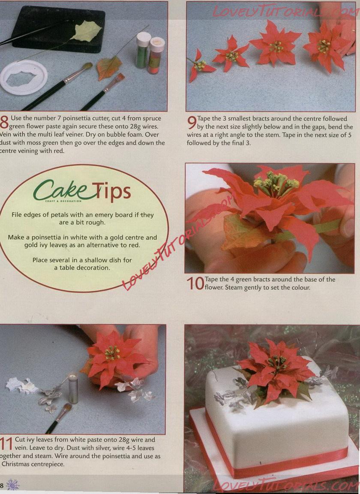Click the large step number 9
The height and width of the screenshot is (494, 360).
point(192,123)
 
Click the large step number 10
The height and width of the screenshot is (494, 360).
point(195,283)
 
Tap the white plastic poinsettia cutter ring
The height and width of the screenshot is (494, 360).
point(23,78)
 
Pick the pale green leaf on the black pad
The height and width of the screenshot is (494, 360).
point(86,31)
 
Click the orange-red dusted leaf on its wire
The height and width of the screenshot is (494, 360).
point(109,67)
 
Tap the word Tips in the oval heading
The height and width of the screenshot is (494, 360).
point(111,192)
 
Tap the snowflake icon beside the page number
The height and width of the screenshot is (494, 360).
point(12,485)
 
